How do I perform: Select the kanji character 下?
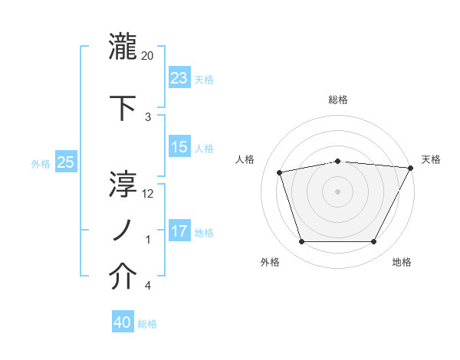point(123,106)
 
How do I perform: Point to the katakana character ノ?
point(123,229)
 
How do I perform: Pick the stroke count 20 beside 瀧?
point(148,55)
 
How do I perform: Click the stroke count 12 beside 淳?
point(148,193)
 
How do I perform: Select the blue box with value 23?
point(179,77)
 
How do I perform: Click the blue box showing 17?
point(179,231)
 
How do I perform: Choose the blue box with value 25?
point(66,162)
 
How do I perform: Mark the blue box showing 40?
point(123,322)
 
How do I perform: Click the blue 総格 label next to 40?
point(147,324)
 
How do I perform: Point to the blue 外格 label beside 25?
point(41,163)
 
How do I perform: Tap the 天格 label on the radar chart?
point(431,159)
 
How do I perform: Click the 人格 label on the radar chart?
point(245,159)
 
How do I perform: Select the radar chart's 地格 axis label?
point(402,262)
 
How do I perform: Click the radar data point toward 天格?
point(412,168)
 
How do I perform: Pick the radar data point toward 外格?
point(301,242)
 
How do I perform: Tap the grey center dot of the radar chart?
point(337,191)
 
